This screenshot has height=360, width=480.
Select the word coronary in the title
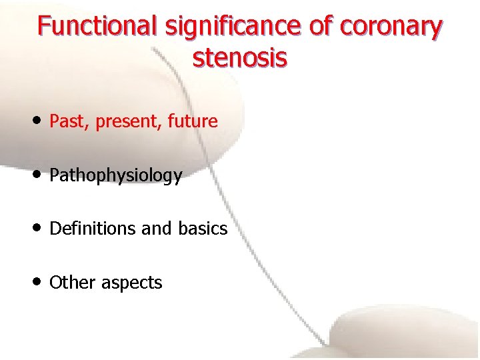(x=390, y=27)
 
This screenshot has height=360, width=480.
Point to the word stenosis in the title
(x=240, y=58)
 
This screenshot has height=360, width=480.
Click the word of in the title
(x=321, y=27)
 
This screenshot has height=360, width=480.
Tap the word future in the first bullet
(x=193, y=121)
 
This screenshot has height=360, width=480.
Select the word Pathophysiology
(x=115, y=176)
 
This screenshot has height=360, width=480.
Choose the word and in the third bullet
(x=157, y=229)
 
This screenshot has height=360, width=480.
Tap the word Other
(x=73, y=283)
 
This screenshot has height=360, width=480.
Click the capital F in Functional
(x=44, y=26)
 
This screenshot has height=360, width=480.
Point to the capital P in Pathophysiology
(x=54, y=175)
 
